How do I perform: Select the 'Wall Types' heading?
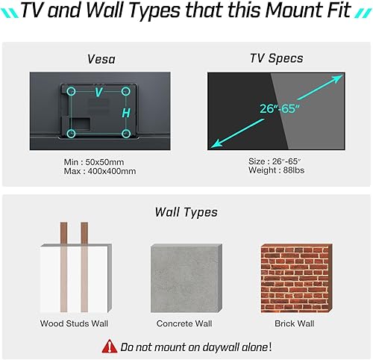[x=186, y=212]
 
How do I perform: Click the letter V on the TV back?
[x=98, y=93]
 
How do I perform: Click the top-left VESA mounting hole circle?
[x=72, y=91]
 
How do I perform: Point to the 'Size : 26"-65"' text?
[x=278, y=161]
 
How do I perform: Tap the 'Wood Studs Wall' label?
[x=74, y=323]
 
